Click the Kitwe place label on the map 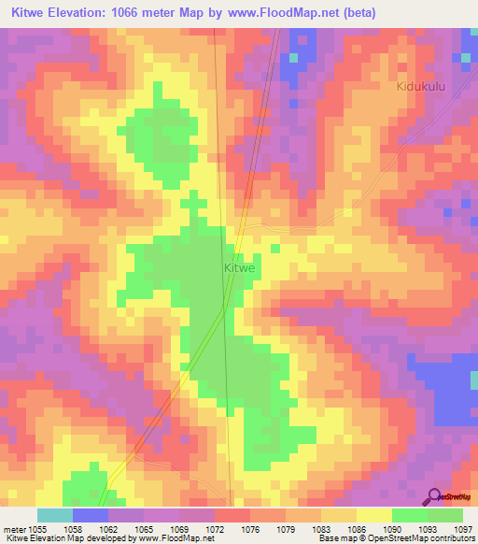[x=240, y=267]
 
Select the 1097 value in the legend [x=464, y=529]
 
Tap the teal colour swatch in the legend [x=55, y=515]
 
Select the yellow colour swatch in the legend [x=374, y=515]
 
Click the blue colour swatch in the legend [x=91, y=515]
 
